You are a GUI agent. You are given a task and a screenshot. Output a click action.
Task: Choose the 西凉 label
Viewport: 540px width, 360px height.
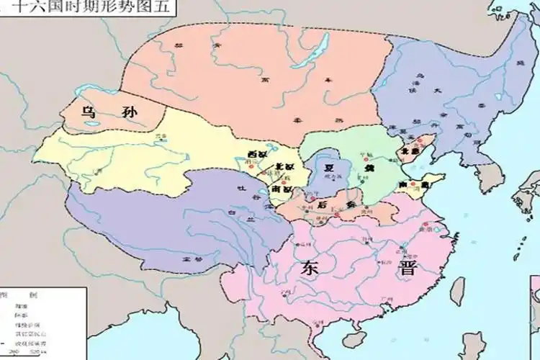coord(256,155)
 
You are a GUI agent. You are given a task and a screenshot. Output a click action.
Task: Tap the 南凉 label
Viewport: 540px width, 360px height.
coord(282,190)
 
